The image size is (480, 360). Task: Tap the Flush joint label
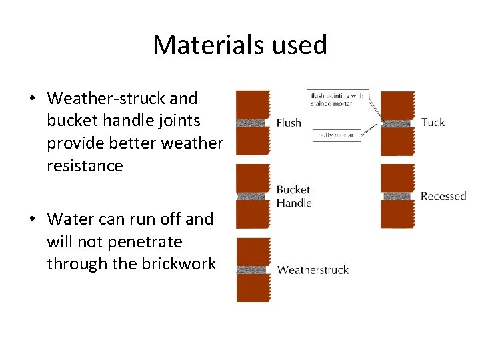tap(289, 123)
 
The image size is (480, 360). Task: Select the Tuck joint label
tap(433, 122)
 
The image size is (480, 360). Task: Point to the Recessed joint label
tap(443, 196)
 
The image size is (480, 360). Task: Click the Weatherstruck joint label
tap(313, 270)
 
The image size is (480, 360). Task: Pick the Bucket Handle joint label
tap(294, 196)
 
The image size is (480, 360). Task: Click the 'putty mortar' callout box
tap(336, 135)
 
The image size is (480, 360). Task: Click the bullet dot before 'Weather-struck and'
tap(32, 99)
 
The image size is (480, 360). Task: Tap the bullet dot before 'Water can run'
tap(32, 219)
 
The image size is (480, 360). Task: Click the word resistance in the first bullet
tap(85, 166)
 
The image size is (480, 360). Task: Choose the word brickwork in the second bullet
tap(179, 264)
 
